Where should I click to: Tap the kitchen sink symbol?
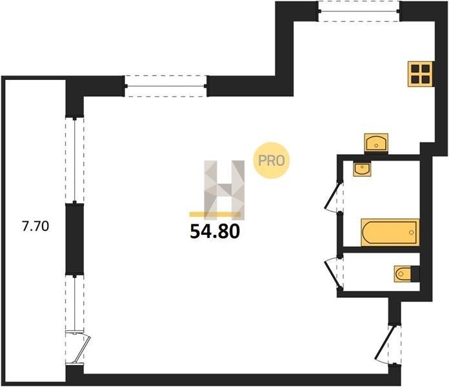(x=375, y=142)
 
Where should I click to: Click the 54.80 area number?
(x=215, y=231)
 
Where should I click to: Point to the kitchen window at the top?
(x=359, y=11)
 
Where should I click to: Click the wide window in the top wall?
(x=166, y=86)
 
